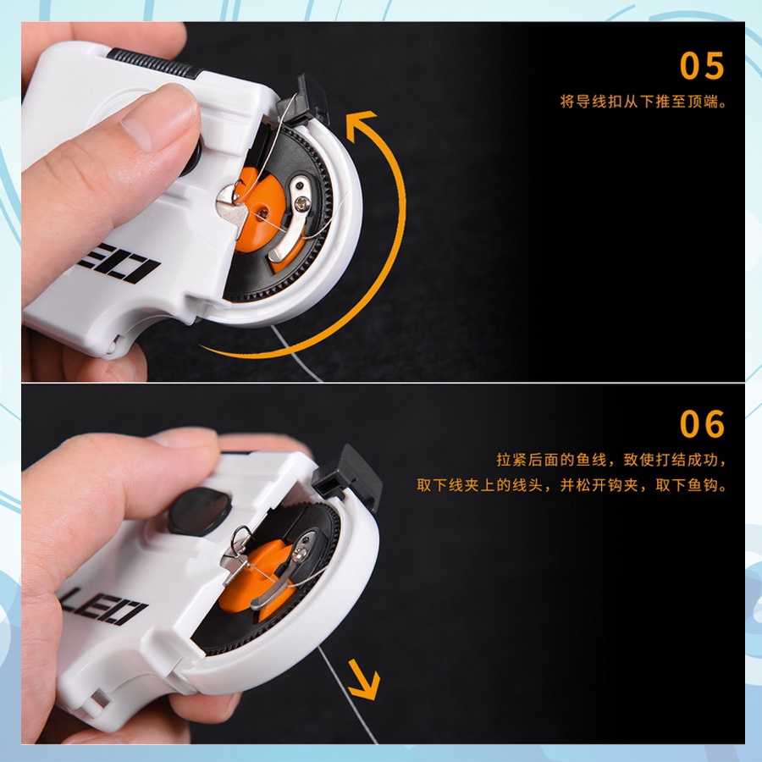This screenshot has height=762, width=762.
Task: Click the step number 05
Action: (702, 65)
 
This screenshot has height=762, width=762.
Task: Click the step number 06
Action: (702, 424)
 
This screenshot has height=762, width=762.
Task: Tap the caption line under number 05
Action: (643, 102)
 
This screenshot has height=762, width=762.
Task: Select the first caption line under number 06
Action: (611, 460)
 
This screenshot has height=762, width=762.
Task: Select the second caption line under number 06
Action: (571, 485)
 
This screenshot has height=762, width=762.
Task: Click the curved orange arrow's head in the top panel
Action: (360, 124)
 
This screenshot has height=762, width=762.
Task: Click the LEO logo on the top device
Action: (119, 265)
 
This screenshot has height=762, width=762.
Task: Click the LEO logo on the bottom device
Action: (103, 606)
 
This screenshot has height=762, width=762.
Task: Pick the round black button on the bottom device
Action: (200, 511)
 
